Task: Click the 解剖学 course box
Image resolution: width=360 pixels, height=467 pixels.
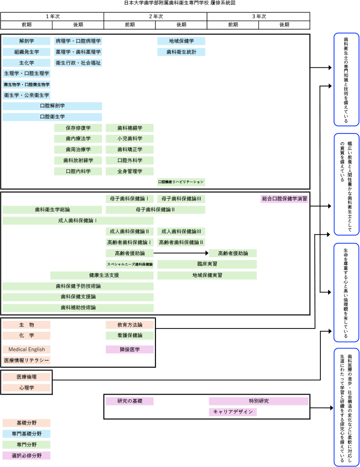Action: (26, 41)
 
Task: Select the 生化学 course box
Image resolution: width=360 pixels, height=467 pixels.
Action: (26, 63)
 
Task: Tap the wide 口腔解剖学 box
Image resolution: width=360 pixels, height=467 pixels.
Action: (52, 106)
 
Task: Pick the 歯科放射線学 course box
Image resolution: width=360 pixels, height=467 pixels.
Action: (78, 160)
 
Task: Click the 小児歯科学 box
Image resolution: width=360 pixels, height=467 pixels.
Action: (129, 139)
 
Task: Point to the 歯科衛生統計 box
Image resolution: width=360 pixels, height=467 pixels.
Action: (181, 52)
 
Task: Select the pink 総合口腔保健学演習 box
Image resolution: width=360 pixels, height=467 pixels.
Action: (284, 199)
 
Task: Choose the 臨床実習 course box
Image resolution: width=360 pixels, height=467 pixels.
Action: (207, 264)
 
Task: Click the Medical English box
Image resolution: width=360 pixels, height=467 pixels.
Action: (26, 349)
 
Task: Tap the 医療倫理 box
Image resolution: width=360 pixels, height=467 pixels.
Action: (26, 377)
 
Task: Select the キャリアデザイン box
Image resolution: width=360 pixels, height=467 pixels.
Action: (232, 412)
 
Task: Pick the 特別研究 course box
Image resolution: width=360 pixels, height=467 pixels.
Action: (258, 401)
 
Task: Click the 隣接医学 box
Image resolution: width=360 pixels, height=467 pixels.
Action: (129, 349)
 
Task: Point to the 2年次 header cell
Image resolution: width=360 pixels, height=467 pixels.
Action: (155, 16)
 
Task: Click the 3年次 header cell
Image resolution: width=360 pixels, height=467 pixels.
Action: (258, 16)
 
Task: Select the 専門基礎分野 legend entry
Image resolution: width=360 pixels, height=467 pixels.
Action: (26, 434)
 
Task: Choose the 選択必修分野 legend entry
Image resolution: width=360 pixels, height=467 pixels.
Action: (26, 456)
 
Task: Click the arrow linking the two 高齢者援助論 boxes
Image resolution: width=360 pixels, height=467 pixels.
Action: (181, 253)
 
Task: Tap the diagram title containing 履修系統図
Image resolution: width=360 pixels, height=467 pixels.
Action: (180, 3)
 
